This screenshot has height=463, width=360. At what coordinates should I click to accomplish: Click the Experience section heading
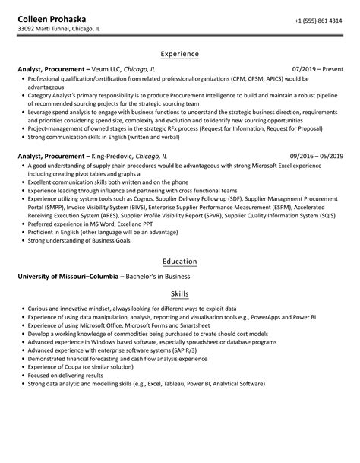179,55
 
